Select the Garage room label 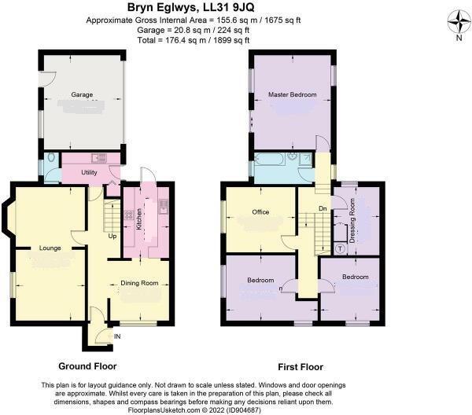tap(83, 94)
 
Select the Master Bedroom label tap(292, 94)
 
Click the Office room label tap(260, 211)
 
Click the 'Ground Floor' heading tap(87, 366)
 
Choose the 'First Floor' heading tap(300, 366)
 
